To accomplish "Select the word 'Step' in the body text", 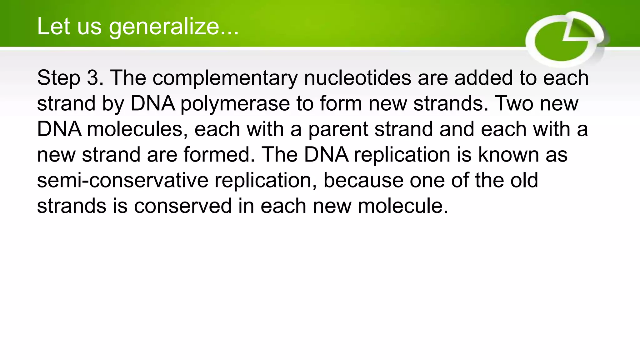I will coord(58,78).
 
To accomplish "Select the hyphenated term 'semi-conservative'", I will coord(122,180).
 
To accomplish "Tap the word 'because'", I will coord(363,180).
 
